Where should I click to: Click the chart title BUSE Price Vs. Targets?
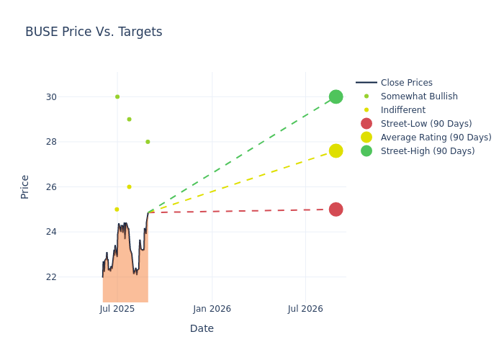[x=94, y=32]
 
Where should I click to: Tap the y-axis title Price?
[x=24, y=186]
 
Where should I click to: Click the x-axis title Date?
[x=202, y=328]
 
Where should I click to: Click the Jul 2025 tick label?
[x=117, y=309]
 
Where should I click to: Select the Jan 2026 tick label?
[x=212, y=309]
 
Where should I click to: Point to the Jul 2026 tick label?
[x=305, y=309]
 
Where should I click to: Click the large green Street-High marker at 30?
[x=336, y=96]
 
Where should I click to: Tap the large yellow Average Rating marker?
[x=336, y=150]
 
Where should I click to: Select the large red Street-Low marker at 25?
[x=336, y=210]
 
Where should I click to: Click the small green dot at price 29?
[x=129, y=120]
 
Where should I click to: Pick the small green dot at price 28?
[x=148, y=142]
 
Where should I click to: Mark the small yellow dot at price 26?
[x=129, y=187]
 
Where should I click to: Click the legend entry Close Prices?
[x=406, y=83]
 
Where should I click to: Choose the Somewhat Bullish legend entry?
[x=418, y=96]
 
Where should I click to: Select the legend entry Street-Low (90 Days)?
[x=426, y=124]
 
